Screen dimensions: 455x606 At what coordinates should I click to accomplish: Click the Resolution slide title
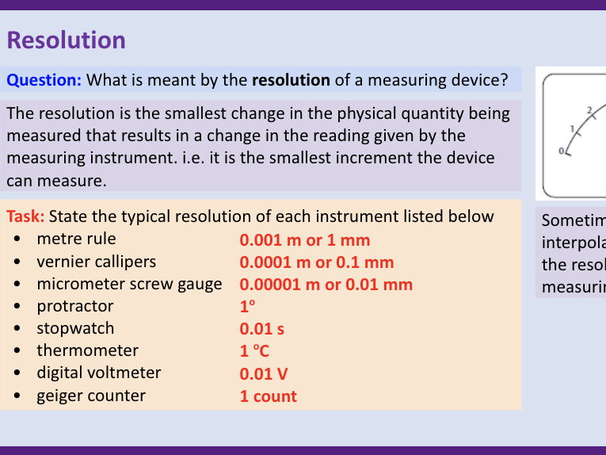(67, 40)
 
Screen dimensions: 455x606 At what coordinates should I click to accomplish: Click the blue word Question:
(44, 80)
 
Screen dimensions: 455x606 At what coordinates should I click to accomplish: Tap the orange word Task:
(25, 216)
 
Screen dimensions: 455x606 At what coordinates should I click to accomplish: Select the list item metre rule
(76, 239)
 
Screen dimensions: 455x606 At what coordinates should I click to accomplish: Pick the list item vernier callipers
(96, 262)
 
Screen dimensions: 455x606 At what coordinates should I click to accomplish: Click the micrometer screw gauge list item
(129, 284)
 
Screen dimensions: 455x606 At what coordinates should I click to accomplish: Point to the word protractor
(75, 306)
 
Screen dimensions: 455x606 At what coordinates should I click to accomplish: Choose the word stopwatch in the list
(75, 328)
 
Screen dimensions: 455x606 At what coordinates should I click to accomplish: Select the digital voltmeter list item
(98, 373)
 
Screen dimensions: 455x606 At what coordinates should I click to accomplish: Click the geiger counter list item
(90, 396)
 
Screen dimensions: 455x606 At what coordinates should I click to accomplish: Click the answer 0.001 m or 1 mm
(305, 239)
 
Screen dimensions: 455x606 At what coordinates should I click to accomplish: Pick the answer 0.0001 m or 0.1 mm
(317, 262)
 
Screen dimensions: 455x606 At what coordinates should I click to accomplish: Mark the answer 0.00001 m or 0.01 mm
(326, 285)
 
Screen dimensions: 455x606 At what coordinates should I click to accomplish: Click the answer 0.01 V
(264, 373)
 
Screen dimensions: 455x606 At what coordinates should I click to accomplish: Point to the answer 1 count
(268, 396)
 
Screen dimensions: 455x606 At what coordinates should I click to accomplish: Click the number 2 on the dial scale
(589, 109)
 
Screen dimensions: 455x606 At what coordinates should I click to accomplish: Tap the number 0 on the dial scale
(562, 150)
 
